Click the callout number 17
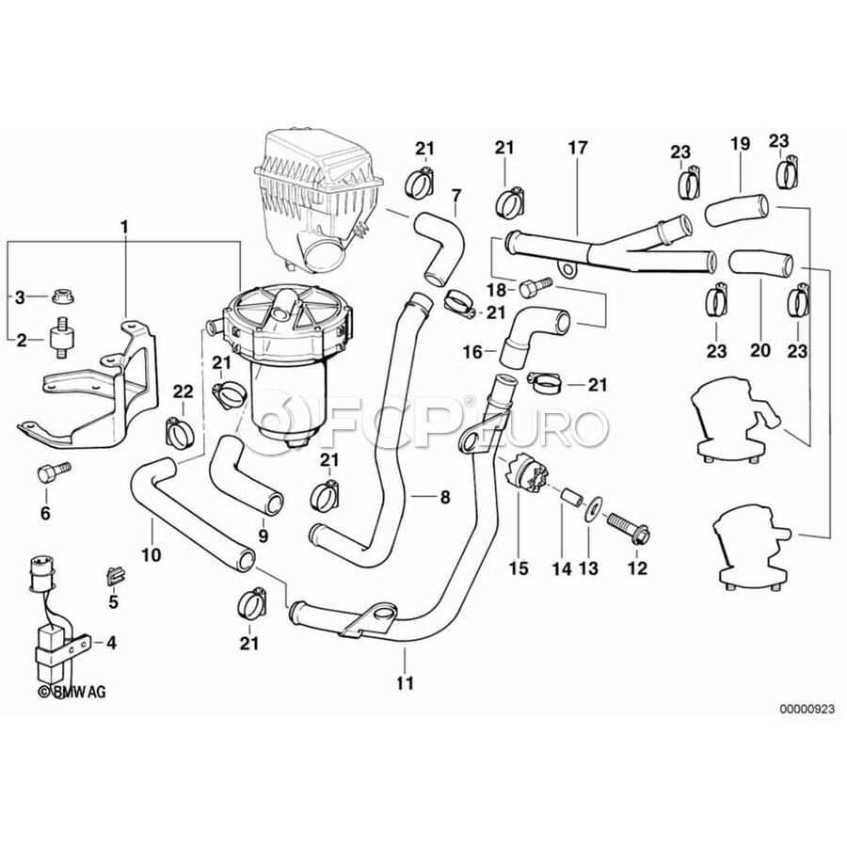click(577, 147)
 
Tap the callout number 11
click(405, 683)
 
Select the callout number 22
click(183, 391)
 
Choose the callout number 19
click(740, 144)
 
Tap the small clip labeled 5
click(114, 571)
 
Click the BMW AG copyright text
click(72, 692)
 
